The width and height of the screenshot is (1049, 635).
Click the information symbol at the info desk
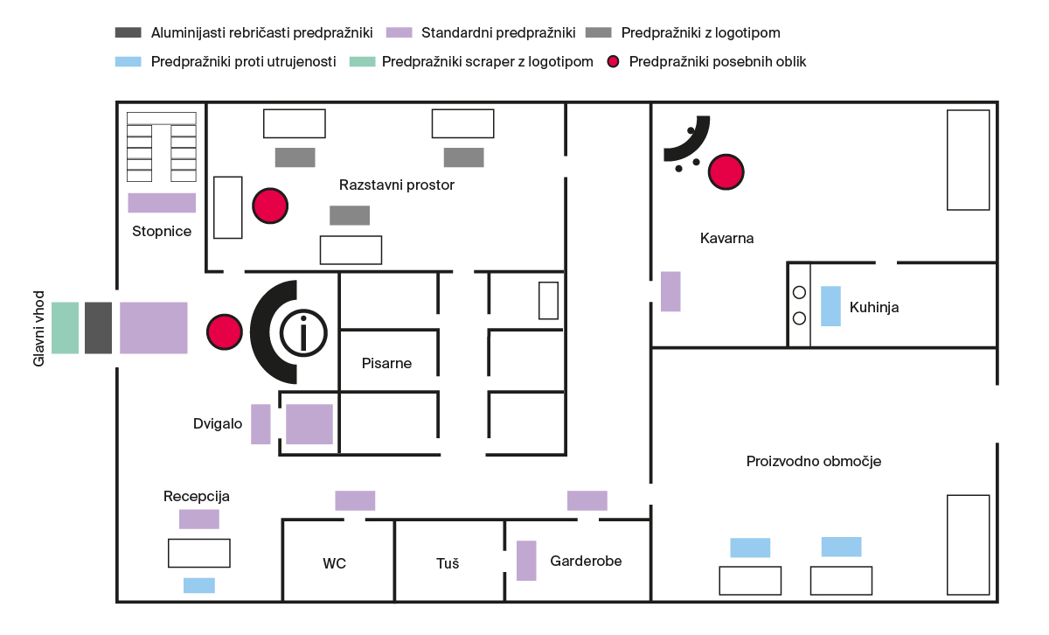(x=303, y=333)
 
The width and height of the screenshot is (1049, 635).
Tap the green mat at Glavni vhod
(x=65, y=328)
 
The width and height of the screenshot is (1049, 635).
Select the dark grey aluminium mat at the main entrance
(x=98, y=328)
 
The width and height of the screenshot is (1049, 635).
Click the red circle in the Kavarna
(x=726, y=172)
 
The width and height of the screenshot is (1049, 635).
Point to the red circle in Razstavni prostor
(x=270, y=206)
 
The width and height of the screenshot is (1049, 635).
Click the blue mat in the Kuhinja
(x=830, y=306)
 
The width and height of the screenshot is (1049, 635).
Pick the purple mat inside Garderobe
(x=526, y=561)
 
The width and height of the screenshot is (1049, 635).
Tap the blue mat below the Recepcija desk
(x=199, y=585)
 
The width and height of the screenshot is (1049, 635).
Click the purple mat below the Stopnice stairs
(x=162, y=203)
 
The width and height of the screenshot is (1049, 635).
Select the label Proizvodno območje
(x=814, y=461)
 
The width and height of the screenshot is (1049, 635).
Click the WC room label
(x=334, y=563)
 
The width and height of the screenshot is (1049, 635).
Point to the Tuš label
(x=448, y=562)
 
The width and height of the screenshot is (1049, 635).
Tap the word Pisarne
(x=386, y=363)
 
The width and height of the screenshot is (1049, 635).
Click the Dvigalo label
(x=218, y=423)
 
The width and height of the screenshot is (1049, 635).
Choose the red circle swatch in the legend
(x=613, y=61)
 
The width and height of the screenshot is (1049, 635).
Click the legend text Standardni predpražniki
(x=498, y=33)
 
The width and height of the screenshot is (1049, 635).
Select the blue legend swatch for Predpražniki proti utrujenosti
(x=129, y=61)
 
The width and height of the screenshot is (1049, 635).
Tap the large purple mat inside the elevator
(x=309, y=424)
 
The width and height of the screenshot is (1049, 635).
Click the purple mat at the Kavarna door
(x=670, y=291)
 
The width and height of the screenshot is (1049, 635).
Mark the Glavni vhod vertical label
(x=38, y=329)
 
